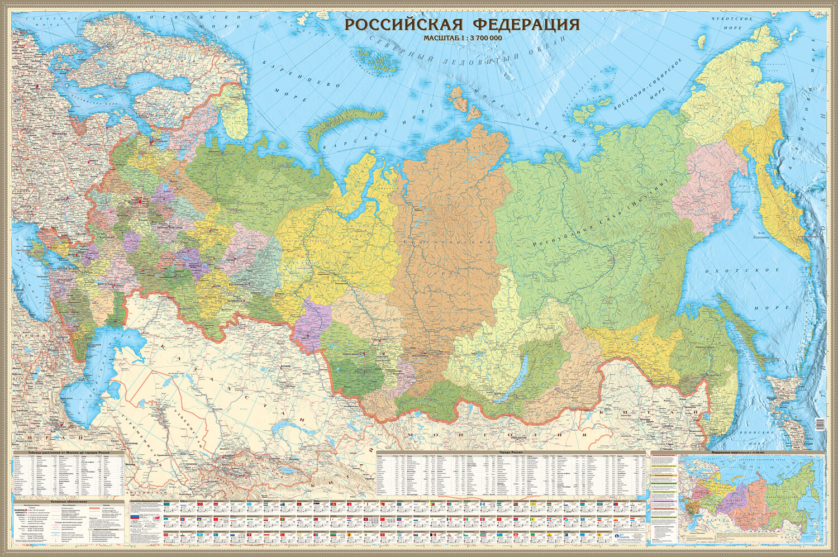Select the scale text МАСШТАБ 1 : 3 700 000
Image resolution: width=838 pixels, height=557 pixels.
coord(462,38)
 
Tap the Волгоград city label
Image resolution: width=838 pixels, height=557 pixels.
coord(105,284)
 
